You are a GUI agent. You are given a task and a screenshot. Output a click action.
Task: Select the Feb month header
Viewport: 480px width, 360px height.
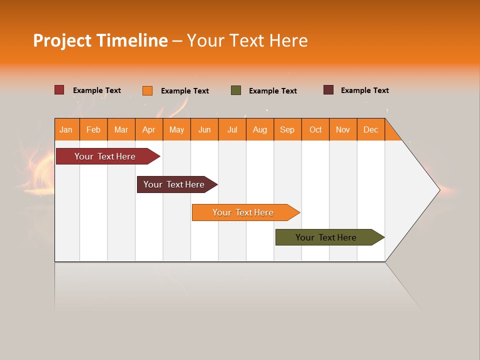click(93, 129)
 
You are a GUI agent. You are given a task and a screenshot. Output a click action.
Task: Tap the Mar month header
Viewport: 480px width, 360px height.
click(121, 129)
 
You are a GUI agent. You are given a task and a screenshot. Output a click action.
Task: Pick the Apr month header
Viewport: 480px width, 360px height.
click(149, 129)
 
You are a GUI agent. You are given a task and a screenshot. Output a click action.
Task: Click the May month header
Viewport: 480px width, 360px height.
click(176, 129)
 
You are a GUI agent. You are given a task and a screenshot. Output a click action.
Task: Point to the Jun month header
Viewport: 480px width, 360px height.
click(204, 129)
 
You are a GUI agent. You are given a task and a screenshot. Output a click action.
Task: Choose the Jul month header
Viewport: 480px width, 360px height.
click(232, 129)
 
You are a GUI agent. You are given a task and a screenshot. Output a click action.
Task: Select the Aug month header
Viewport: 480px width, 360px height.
click(260, 129)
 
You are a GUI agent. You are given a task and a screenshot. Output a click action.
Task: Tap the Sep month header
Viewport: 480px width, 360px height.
click(287, 129)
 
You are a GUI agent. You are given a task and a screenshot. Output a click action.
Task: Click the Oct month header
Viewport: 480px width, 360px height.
click(315, 129)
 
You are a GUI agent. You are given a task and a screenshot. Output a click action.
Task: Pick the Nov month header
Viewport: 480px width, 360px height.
click(343, 129)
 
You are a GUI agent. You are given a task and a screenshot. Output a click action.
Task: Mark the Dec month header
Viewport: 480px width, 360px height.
click(371, 129)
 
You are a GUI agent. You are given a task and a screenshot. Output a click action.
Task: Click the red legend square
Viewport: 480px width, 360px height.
click(59, 90)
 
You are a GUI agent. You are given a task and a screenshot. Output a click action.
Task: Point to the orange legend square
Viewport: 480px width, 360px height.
click(147, 90)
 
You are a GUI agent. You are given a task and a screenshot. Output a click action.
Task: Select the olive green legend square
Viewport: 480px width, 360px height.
click(236, 90)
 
